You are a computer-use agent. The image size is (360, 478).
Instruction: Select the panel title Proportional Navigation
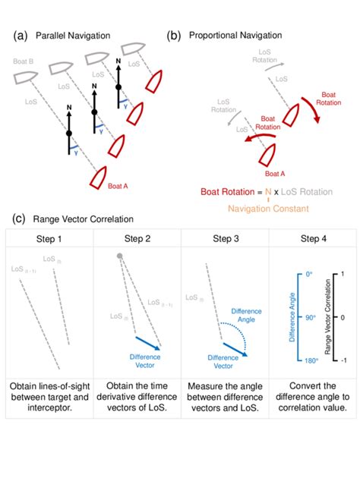tap(235, 36)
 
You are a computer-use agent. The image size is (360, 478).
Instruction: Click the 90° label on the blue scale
tap(307, 317)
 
